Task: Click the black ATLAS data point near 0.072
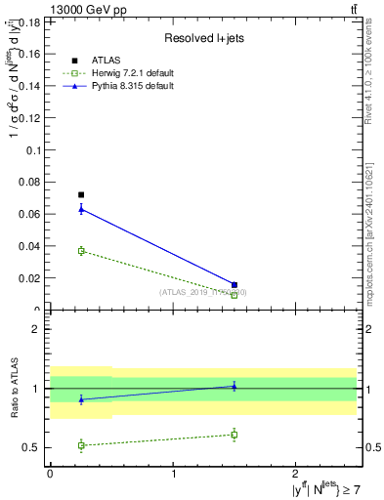81,195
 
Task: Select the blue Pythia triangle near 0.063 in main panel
81,209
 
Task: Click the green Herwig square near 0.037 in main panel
81,251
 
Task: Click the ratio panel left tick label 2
36,329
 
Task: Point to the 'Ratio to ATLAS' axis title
15,389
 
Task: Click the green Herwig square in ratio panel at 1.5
235,435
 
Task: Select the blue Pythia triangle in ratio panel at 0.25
81,399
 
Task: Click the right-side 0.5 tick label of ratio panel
373,448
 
